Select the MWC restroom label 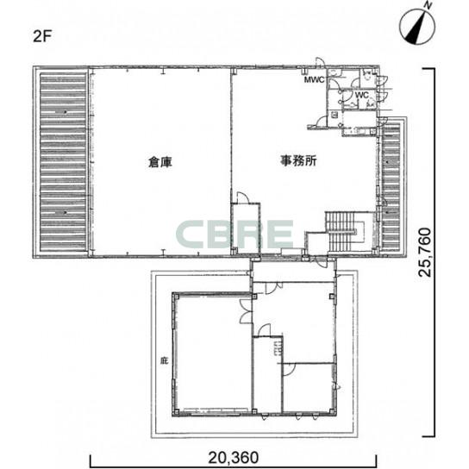[314, 80]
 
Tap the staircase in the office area [345, 231]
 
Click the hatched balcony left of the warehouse [62, 161]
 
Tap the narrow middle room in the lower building [266, 375]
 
